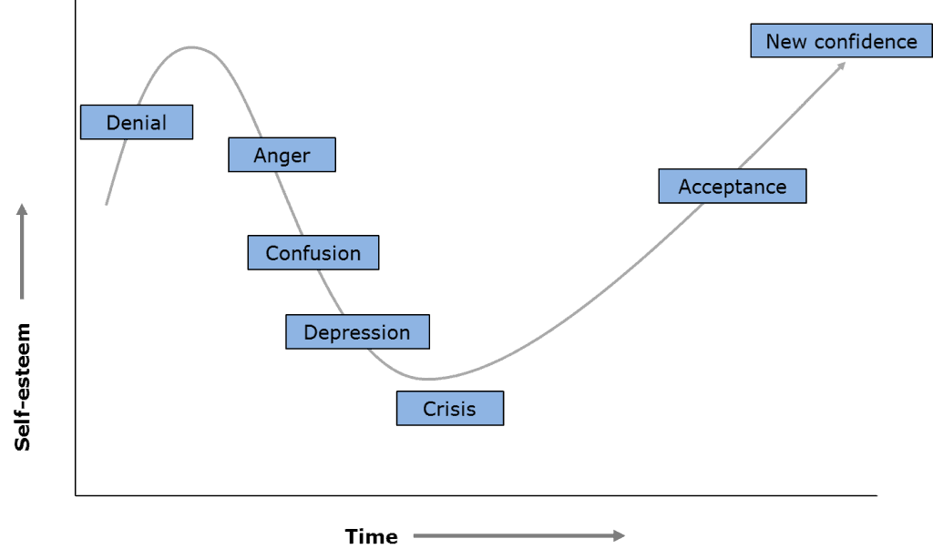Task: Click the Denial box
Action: coord(137,122)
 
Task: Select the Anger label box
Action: coord(282,155)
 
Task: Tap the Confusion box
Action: coord(313,252)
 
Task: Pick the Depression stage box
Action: coord(357,332)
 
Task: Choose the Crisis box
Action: coord(449,409)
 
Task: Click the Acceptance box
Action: coord(732,186)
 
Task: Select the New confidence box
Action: coord(841,41)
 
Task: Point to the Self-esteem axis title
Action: coord(23,386)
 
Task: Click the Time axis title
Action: coord(371,536)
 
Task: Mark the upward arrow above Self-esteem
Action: coord(22,251)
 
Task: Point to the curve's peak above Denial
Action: coord(190,46)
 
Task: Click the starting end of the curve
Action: coord(107,204)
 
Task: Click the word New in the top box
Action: coord(784,41)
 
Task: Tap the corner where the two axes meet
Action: coord(76,495)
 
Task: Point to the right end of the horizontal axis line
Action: coord(876,495)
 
